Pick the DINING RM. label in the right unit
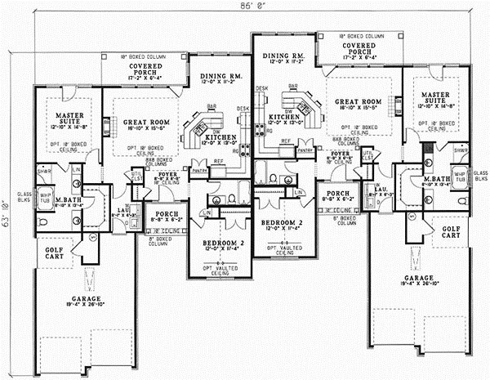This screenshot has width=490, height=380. pyautogui.click(x=288, y=56)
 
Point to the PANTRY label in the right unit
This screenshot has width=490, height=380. pyautogui.click(x=305, y=150)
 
